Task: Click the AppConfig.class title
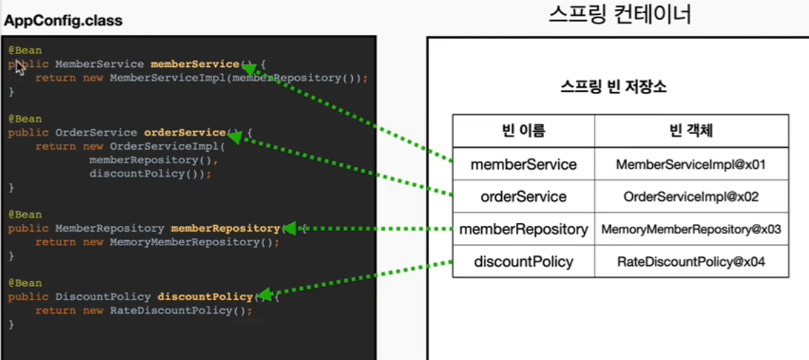(63, 21)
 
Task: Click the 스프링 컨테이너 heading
(619, 14)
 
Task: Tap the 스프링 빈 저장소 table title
(614, 88)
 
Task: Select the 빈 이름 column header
(524, 130)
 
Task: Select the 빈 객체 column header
(691, 130)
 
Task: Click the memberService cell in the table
(524, 165)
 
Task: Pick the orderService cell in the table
(524, 197)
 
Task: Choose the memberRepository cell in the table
(524, 230)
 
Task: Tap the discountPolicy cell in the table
(524, 262)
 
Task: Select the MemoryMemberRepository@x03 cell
(691, 230)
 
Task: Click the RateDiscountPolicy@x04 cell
(691, 262)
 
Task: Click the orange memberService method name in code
(195, 64)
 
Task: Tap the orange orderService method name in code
(185, 133)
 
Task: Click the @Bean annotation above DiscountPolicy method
(25, 283)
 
